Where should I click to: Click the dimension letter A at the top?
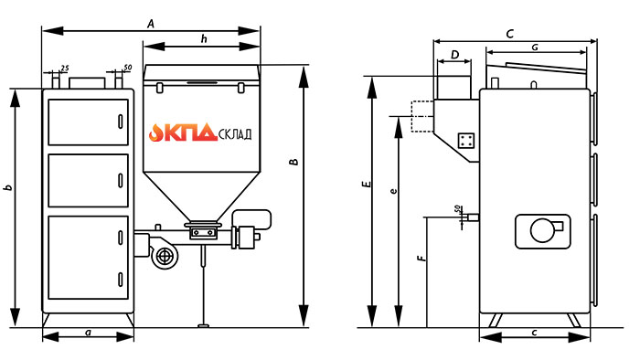point(151,24)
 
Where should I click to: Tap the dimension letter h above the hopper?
point(204,38)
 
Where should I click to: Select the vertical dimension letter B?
point(293,162)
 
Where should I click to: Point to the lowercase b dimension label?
point(7,188)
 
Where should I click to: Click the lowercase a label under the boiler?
point(88,333)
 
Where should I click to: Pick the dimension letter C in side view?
point(510,34)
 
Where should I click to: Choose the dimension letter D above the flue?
point(455,54)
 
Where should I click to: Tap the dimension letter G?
point(535,48)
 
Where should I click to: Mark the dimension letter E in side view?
point(368,184)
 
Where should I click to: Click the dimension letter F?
point(421,258)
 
